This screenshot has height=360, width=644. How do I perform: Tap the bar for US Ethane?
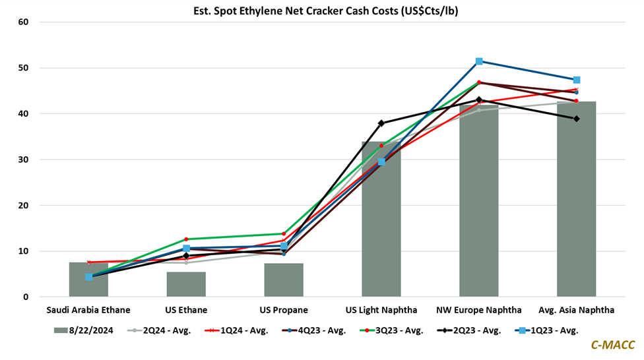coord(186,285)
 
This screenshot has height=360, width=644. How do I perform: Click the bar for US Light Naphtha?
coord(381,224)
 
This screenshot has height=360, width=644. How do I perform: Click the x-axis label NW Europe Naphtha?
coord(478,310)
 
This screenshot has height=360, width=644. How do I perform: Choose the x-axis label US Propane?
coord(284,310)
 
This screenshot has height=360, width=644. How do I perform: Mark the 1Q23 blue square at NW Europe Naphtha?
coord(479,61)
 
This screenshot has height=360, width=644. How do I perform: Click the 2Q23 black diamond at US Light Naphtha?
coord(381,123)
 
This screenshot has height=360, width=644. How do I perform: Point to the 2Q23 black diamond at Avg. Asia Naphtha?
coord(576,119)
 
